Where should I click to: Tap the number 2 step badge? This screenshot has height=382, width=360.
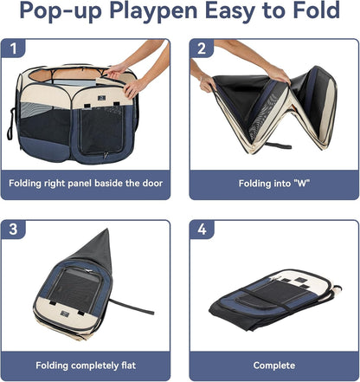[x=202, y=48]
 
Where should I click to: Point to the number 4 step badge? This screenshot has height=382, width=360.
[x=202, y=230]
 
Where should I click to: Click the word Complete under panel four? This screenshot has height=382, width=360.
[x=272, y=366]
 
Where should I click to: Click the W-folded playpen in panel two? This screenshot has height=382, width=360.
[x=273, y=108]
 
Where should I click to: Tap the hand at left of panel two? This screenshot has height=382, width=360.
[x=206, y=82]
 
